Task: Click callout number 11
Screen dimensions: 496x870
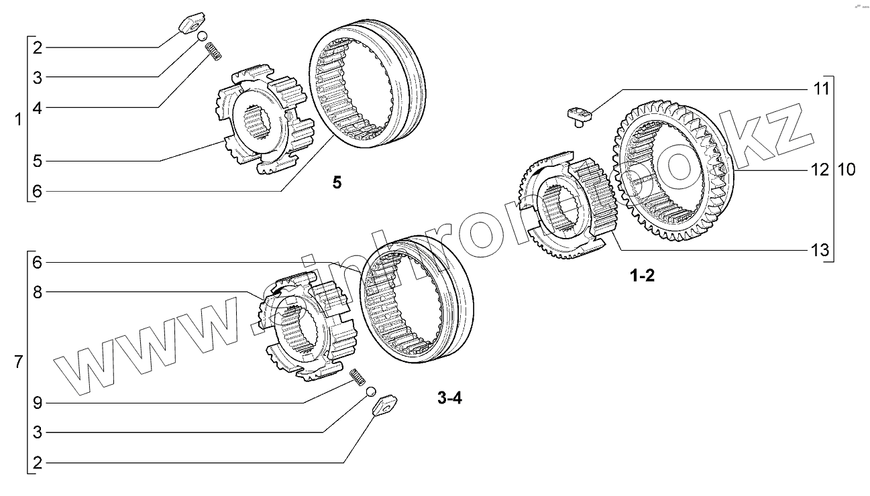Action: click(821, 88)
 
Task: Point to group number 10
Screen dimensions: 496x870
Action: click(846, 170)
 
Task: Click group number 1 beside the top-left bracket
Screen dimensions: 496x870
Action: click(18, 120)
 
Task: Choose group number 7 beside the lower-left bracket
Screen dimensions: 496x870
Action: click(18, 363)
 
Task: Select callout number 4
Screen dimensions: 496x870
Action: click(38, 107)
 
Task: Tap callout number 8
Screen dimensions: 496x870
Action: click(38, 292)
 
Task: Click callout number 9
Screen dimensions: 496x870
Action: click(38, 403)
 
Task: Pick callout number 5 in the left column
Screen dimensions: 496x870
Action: click(38, 161)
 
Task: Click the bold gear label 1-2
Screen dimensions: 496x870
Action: click(642, 276)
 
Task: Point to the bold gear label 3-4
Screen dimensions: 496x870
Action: click(449, 398)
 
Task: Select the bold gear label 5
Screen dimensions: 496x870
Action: click(337, 182)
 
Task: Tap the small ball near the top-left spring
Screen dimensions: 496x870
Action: click(202, 36)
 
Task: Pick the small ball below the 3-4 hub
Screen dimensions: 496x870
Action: click(370, 392)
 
